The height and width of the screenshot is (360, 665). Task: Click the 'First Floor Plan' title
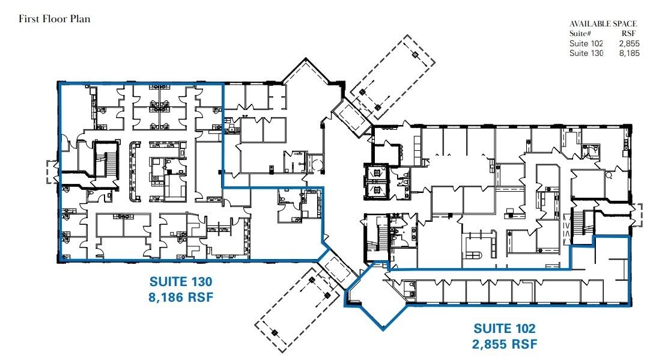54,19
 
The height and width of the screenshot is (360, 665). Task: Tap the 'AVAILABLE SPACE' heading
603,24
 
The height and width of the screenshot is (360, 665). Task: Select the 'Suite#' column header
580,34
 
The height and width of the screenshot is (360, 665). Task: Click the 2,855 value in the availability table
629,43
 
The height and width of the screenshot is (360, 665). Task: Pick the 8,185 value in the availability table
629,53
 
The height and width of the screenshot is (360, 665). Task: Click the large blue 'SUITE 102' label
505,329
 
